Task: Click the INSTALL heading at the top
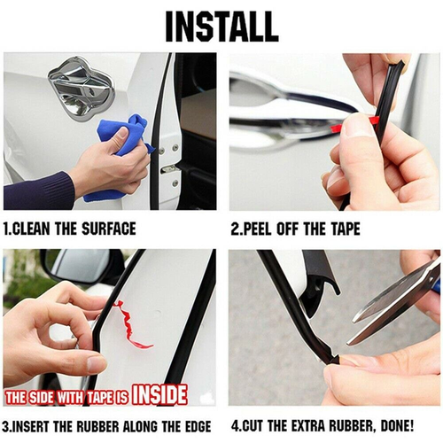[x=221, y=27]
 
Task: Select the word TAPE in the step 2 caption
[x=343, y=229]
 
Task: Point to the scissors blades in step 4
[x=390, y=306]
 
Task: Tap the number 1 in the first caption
[x=7, y=229]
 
